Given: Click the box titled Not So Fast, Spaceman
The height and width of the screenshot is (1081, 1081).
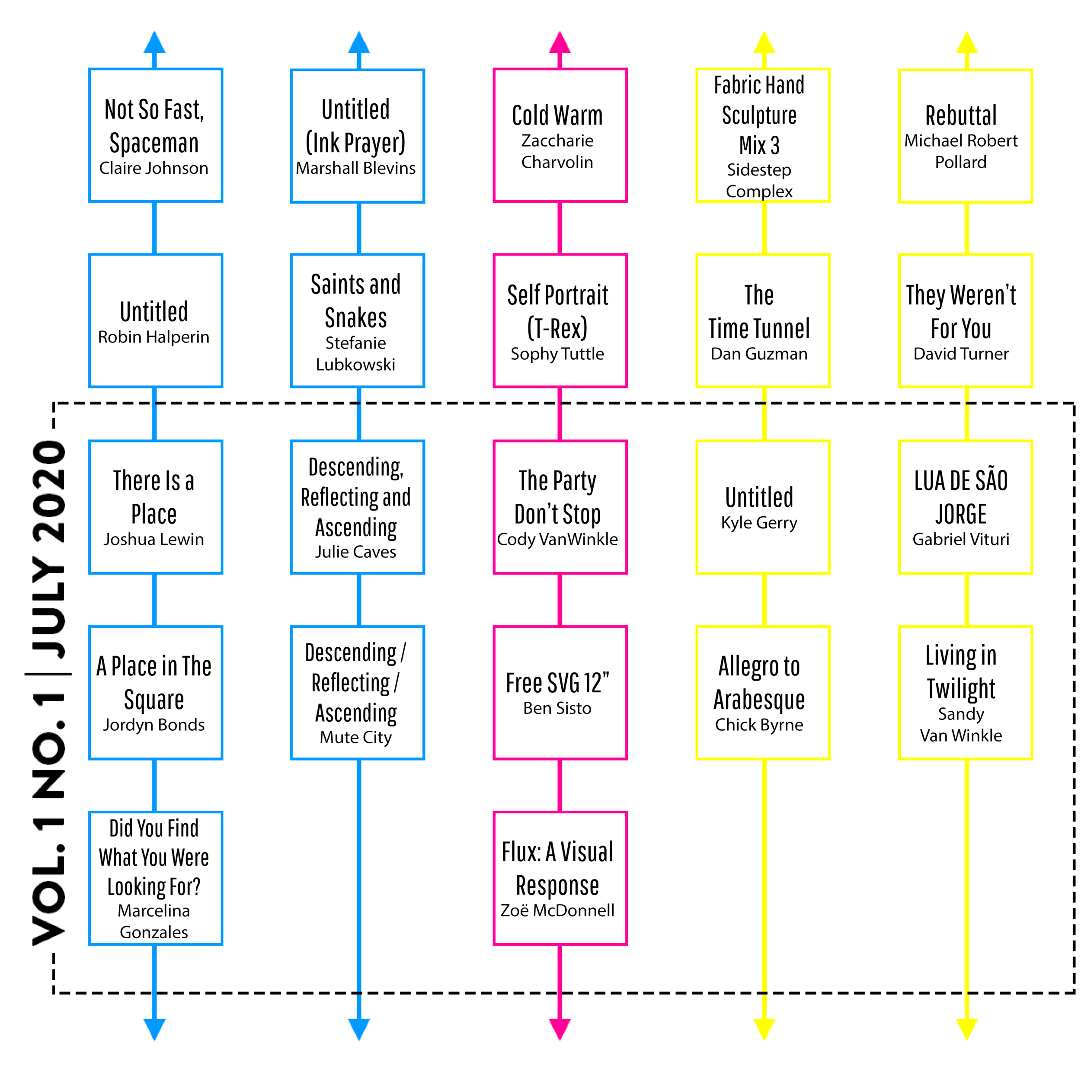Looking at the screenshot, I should (x=156, y=135).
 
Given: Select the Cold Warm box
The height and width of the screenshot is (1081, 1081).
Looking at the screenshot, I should (x=560, y=135).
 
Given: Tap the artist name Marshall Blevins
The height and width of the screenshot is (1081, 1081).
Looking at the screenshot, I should (x=356, y=168).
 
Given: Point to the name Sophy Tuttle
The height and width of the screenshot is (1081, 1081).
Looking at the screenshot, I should (x=557, y=354).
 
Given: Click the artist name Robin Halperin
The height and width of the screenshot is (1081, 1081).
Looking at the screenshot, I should (x=154, y=337).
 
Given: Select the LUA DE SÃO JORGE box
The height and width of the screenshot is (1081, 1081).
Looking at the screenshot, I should (x=965, y=507).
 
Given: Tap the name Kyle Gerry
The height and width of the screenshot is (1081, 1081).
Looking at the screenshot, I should (x=759, y=523).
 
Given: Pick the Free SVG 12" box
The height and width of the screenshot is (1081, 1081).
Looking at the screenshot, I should (x=560, y=693).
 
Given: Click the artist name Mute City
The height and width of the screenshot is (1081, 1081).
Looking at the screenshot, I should (x=356, y=737).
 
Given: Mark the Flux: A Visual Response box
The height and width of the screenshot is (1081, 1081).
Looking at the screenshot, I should (x=560, y=879).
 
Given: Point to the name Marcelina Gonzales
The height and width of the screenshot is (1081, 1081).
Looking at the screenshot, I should (x=154, y=921).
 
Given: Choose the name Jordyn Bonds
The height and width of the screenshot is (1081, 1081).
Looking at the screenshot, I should (x=154, y=725).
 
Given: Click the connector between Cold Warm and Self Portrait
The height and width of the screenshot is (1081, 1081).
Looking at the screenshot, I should (x=560, y=228).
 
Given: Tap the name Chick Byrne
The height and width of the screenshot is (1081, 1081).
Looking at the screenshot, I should (x=759, y=725).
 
